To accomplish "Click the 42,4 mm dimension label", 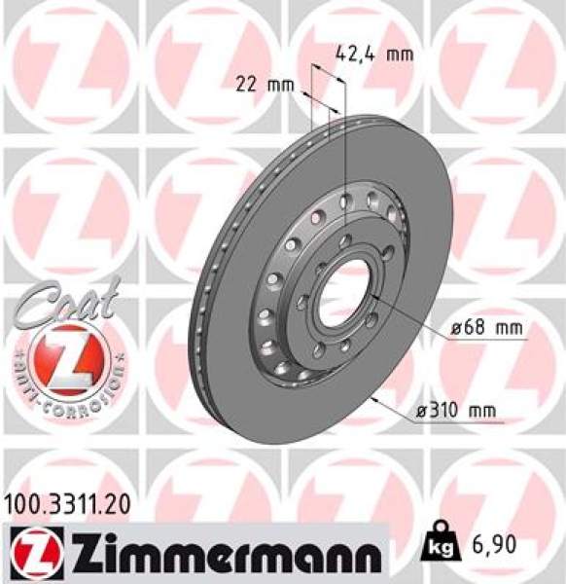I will pos(373,54).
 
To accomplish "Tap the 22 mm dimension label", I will pos(265,85).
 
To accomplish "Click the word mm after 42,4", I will pos(399,54).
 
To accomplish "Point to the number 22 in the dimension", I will pos(249,85).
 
